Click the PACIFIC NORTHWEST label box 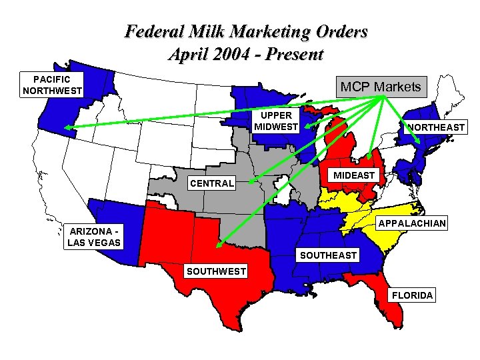52,85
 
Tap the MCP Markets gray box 381,87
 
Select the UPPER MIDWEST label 277,121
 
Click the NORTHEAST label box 437,127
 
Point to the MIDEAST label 355,175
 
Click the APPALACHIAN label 411,223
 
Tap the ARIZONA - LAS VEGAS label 95,237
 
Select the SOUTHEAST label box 328,255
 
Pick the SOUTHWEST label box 215,271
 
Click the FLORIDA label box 413,295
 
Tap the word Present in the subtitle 296,53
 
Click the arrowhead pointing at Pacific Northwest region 67,127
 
